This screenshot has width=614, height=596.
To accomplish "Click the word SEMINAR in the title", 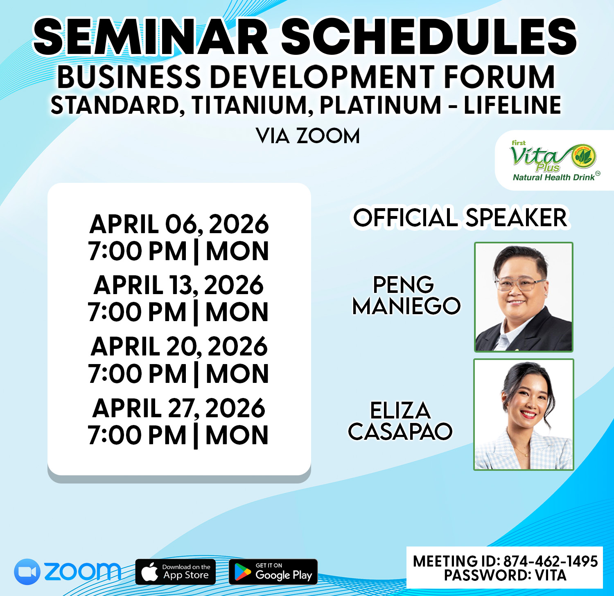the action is (151, 37).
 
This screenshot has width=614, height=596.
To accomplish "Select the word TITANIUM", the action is (249, 106).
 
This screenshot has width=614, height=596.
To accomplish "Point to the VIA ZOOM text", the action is (308, 136).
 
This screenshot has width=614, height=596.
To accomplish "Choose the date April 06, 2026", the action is (179, 224).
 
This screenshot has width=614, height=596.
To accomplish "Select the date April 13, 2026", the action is (179, 285).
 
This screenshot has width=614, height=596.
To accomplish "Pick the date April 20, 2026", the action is (179, 347).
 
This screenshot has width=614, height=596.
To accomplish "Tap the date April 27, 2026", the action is (179, 408).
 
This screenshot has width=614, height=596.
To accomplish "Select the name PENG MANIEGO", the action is (406, 295).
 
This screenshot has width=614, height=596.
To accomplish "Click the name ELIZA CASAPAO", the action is (400, 421).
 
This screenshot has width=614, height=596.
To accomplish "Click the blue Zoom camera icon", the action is (27, 571).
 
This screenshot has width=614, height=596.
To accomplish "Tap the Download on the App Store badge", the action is (176, 571).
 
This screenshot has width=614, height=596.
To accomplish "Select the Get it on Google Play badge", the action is (273, 571).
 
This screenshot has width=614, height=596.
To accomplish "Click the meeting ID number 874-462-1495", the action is (551, 561).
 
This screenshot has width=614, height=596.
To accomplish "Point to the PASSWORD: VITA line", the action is (505, 575).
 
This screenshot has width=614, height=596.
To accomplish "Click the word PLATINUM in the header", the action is (380, 106).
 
